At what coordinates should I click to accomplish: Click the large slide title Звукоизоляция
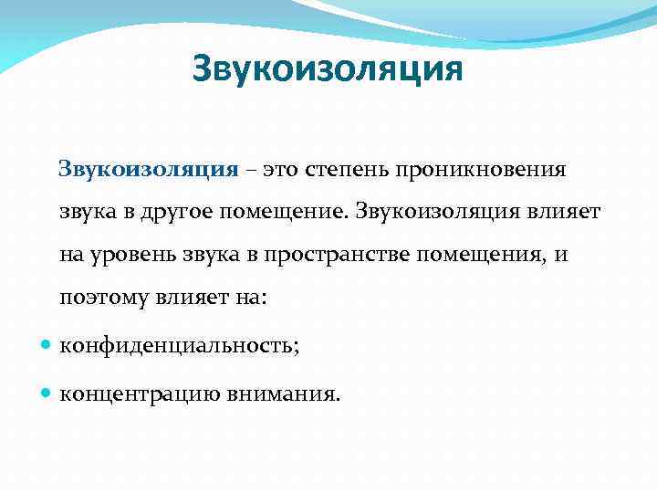click(328, 69)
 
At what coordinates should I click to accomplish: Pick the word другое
click(177, 212)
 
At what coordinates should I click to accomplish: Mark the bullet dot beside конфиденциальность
click(47, 346)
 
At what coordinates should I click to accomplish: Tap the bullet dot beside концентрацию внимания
click(47, 395)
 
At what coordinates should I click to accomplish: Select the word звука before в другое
click(85, 212)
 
